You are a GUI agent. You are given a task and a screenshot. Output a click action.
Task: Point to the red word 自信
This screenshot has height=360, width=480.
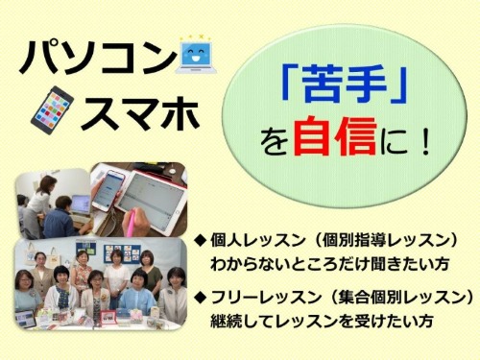tap(344, 140)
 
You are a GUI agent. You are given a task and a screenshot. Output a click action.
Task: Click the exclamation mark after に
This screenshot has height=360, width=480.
tap(420, 141)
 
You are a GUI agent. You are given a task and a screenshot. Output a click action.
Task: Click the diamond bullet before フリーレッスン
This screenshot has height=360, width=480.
tap(201, 294)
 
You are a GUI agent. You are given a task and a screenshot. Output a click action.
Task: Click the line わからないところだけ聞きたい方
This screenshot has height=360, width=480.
tap(317, 260)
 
